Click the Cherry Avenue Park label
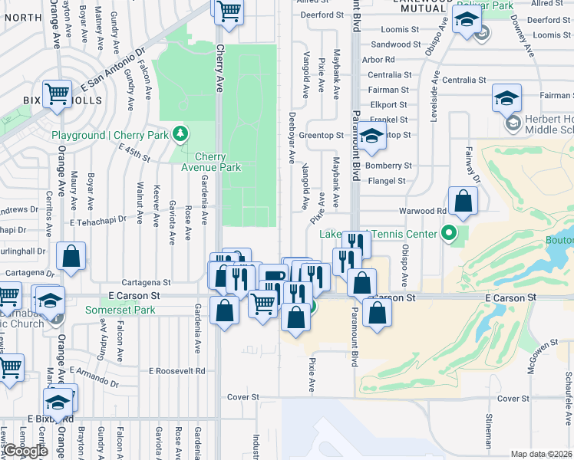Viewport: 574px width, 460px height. click(211, 162)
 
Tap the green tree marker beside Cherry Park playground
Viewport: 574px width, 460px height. click(181, 135)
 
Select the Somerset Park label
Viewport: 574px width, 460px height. click(120, 310)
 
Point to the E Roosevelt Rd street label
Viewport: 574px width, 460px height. click(177, 370)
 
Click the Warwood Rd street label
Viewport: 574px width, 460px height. click(422, 211)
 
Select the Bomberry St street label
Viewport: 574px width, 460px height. click(389, 166)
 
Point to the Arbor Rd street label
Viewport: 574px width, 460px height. click(378, 59)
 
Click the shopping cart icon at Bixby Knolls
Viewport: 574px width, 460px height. click(57, 95)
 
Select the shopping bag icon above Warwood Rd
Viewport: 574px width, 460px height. click(463, 202)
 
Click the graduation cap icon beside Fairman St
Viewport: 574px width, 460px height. click(506, 99)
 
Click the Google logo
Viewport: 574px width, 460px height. click(25, 451)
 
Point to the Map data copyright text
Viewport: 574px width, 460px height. click(542, 454)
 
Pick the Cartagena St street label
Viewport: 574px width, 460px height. click(146, 282)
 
